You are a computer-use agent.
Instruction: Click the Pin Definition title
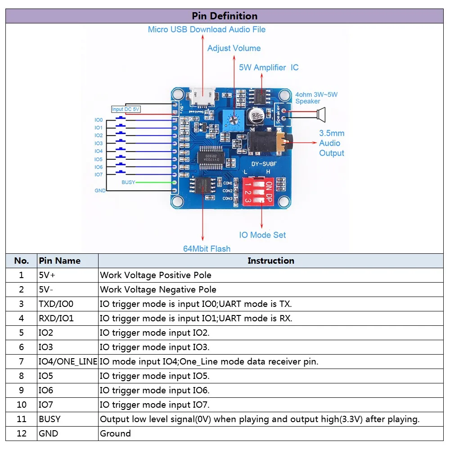point(225,16)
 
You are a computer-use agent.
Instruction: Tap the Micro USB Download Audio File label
point(207,30)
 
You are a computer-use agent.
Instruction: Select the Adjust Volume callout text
point(234,48)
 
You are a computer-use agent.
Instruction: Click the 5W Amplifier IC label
point(268,67)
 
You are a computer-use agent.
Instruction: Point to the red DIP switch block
point(257,191)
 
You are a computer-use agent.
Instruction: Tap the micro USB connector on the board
point(202,95)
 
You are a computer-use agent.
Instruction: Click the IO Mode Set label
point(262,235)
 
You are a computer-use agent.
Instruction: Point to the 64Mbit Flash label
point(207,249)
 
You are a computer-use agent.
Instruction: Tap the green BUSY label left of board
point(128,182)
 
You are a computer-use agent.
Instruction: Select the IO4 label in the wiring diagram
point(99,151)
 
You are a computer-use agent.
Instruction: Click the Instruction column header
point(270,261)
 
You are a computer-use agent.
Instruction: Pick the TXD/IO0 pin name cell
point(56,304)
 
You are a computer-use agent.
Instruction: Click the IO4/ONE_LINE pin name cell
point(67,361)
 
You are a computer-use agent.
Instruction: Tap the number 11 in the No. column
point(21,419)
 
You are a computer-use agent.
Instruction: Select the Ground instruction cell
point(115,433)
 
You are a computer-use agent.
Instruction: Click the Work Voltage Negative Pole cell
point(158,289)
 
